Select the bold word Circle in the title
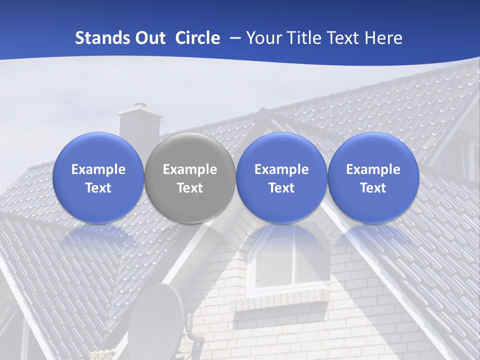(197, 38)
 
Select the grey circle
(190, 177)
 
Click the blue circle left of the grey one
(98, 177)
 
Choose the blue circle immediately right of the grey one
(281, 177)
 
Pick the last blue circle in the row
(373, 177)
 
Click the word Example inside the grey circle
(190, 169)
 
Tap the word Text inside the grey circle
(190, 188)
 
